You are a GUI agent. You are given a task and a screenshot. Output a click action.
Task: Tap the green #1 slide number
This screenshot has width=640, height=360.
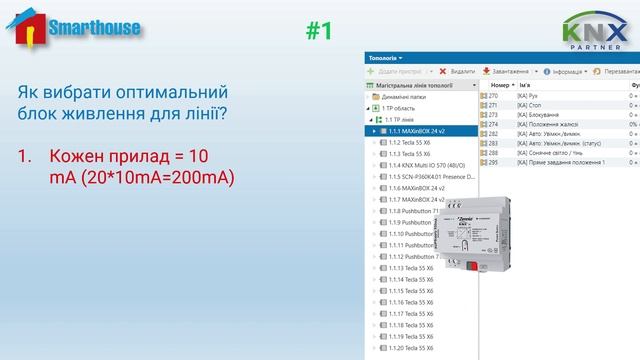pyautogui.click(x=318, y=31)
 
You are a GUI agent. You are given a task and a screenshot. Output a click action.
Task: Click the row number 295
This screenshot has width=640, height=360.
pyautogui.click(x=493, y=162)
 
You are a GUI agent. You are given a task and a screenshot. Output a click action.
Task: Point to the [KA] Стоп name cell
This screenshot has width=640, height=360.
pyautogui.click(x=531, y=105)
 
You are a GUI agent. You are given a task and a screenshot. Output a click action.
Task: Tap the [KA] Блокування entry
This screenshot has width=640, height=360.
pyautogui.click(x=540, y=115)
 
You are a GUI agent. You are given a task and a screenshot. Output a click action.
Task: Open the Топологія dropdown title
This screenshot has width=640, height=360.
pyautogui.click(x=384, y=58)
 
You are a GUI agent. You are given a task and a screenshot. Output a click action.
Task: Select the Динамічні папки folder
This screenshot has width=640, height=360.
pyautogui.click(x=413, y=97)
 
